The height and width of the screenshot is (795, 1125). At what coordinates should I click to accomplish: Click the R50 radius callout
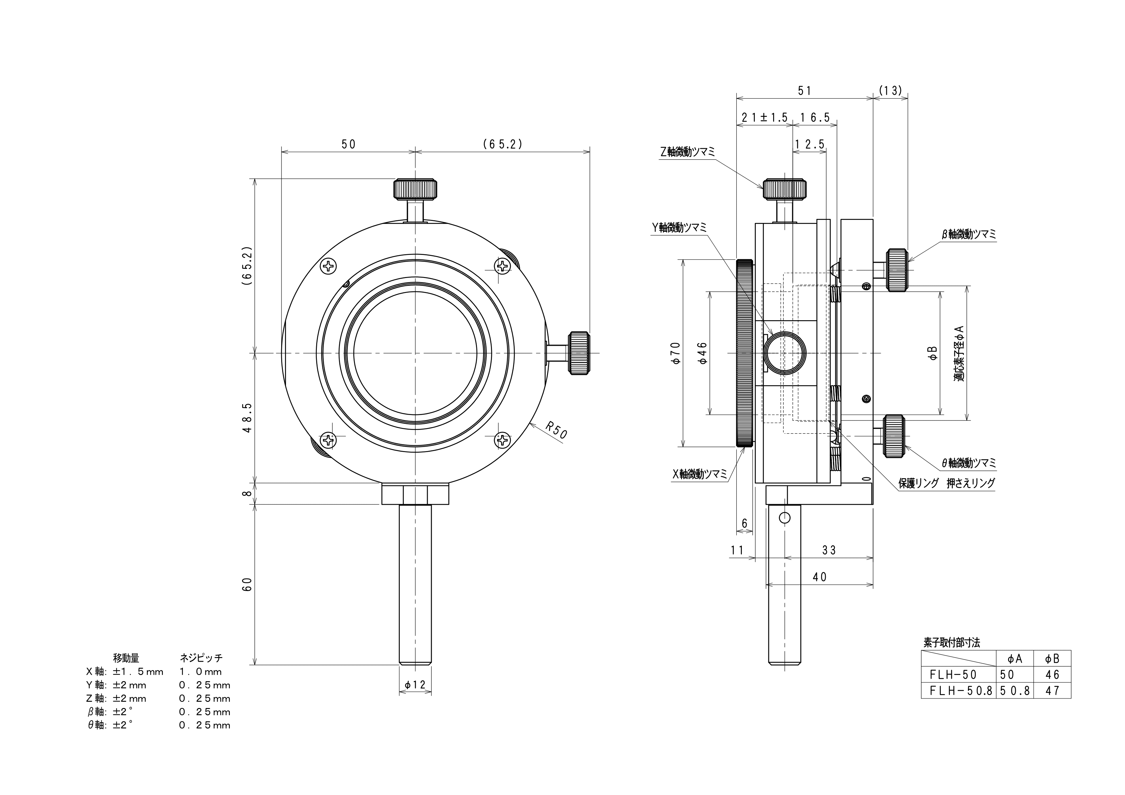[x=556, y=431]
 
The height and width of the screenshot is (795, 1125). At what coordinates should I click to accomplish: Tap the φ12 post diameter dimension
[x=415, y=685]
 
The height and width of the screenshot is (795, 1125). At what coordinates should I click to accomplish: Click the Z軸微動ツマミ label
[x=687, y=152]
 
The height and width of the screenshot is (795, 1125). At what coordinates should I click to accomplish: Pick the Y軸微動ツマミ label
[x=679, y=227]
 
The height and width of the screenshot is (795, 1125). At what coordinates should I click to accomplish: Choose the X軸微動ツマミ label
[x=700, y=474]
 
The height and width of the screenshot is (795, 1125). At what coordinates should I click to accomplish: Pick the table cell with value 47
[x=1052, y=691]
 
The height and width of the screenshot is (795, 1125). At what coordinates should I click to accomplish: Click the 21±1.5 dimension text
[x=764, y=118]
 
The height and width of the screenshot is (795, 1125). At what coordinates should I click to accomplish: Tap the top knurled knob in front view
[x=415, y=189]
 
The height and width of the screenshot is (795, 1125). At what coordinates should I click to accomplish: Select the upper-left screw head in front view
[x=328, y=266]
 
